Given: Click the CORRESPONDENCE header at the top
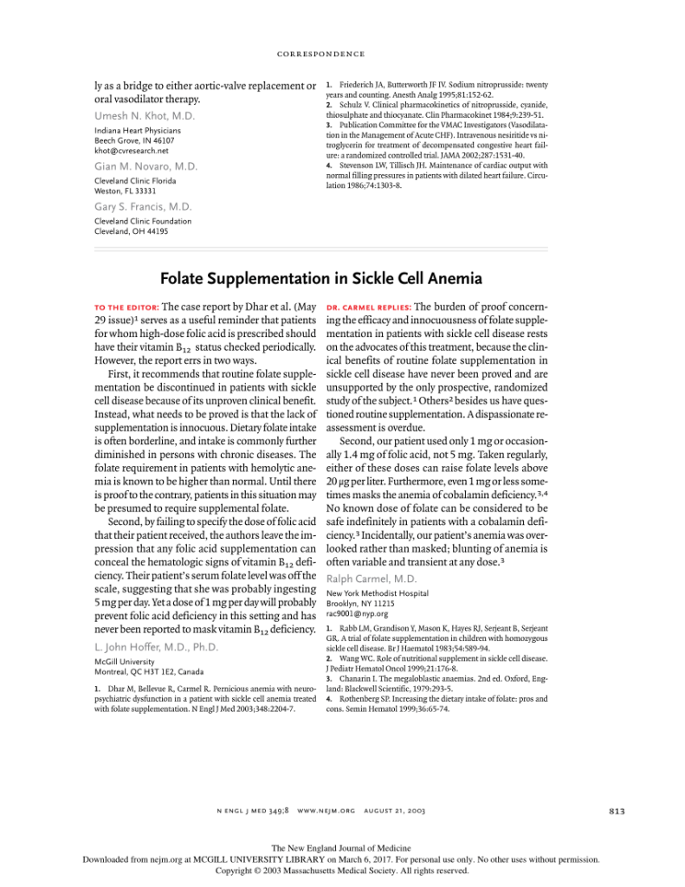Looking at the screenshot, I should [x=320, y=54].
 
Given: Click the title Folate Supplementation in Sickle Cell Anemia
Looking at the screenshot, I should [x=320, y=279].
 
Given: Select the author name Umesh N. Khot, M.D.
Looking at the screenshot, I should [x=145, y=116].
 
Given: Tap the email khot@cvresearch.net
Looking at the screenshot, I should [x=132, y=150].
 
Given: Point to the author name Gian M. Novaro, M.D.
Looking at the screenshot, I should [x=145, y=166].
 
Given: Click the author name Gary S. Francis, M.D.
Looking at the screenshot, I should [x=143, y=207].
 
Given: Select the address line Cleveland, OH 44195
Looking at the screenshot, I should [x=132, y=231].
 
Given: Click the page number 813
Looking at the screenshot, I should [x=616, y=811].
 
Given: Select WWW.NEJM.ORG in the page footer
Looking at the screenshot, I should [x=326, y=811].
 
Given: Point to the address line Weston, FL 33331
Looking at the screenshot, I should [x=125, y=191].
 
